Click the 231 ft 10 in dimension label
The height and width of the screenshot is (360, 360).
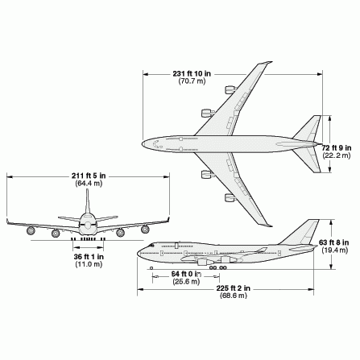[192, 73]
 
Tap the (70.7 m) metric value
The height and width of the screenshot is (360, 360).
[192, 81]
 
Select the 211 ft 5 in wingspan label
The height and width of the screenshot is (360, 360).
[89, 176]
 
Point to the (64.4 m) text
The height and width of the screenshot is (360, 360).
[89, 184]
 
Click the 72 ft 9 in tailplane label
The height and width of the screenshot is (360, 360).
[337, 148]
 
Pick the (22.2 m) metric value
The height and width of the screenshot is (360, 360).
[337, 155]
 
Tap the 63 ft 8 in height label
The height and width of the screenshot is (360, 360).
[334, 242]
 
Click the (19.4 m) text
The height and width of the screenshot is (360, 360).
[335, 250]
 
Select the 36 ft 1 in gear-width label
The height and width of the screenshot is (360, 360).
[89, 257]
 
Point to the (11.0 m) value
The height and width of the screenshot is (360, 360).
[89, 264]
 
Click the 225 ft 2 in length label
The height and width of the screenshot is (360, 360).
[234, 288]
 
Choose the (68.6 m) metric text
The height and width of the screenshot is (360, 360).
[234, 296]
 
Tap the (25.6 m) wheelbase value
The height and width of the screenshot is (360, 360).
[186, 282]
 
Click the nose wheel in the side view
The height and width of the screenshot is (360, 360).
[151, 268]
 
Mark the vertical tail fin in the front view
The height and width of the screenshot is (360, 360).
[88, 201]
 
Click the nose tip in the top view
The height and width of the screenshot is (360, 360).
[143, 144]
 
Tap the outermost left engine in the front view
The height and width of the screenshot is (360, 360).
[31, 230]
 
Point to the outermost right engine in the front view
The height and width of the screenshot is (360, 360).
[145, 229]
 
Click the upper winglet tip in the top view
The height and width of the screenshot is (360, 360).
[271, 62]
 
